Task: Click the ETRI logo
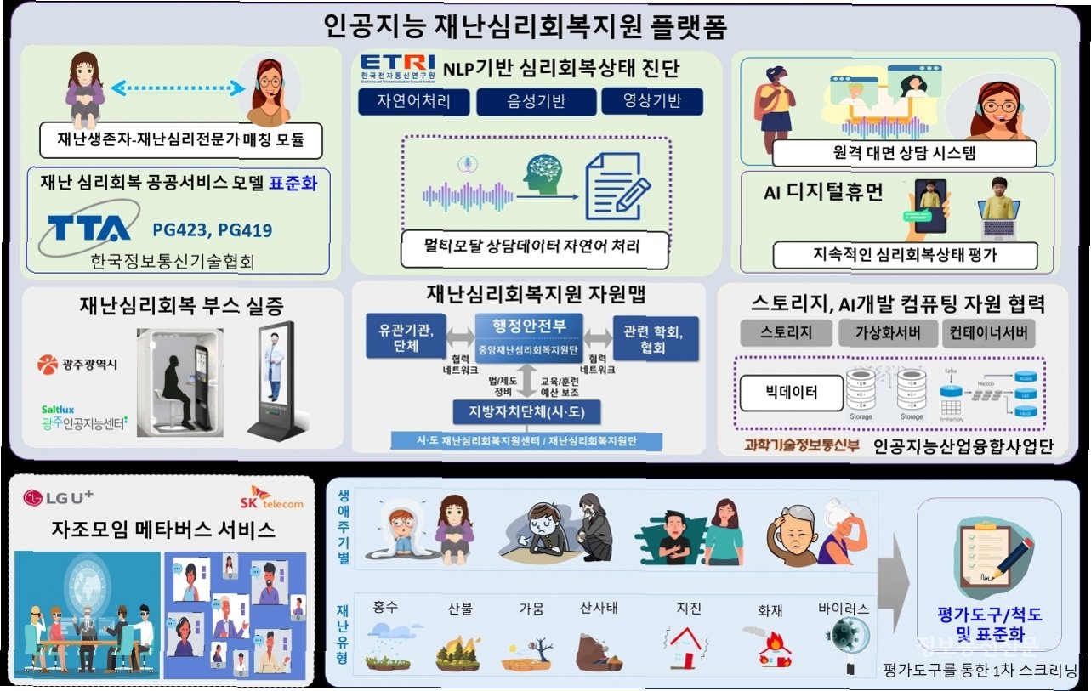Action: pos(397,67)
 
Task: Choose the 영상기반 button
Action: pos(652,102)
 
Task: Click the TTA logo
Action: pos(88,228)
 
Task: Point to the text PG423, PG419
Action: pos(213,229)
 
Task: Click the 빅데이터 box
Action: pos(787,393)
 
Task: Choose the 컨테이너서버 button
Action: pos(988,332)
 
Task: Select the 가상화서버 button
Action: pos(888,332)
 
